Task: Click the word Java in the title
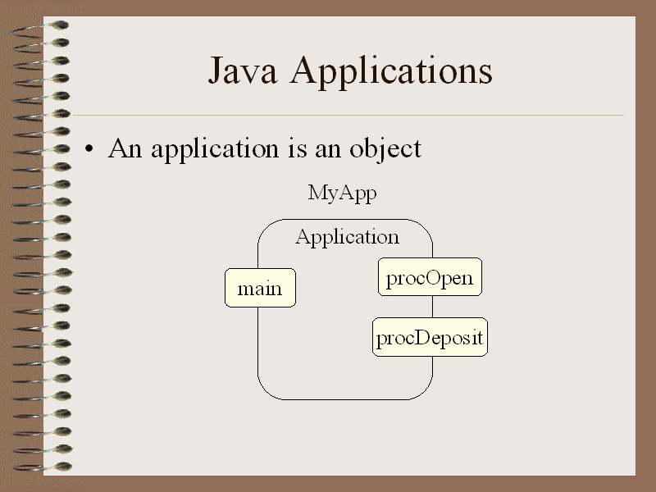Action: pos(243,71)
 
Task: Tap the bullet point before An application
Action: pos(89,148)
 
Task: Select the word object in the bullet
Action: pos(385,149)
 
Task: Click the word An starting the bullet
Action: pos(125,148)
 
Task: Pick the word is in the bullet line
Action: pos(298,148)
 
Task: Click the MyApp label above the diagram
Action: pos(342,194)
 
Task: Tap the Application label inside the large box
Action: pos(347,238)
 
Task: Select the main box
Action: pos(260,288)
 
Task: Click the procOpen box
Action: pos(430,277)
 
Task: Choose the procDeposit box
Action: pos(430,337)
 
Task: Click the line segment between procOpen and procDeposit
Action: pos(433,307)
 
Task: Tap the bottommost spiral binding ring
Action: pos(42,467)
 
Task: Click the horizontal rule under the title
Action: pos(348,115)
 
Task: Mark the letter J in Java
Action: pos(216,71)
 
